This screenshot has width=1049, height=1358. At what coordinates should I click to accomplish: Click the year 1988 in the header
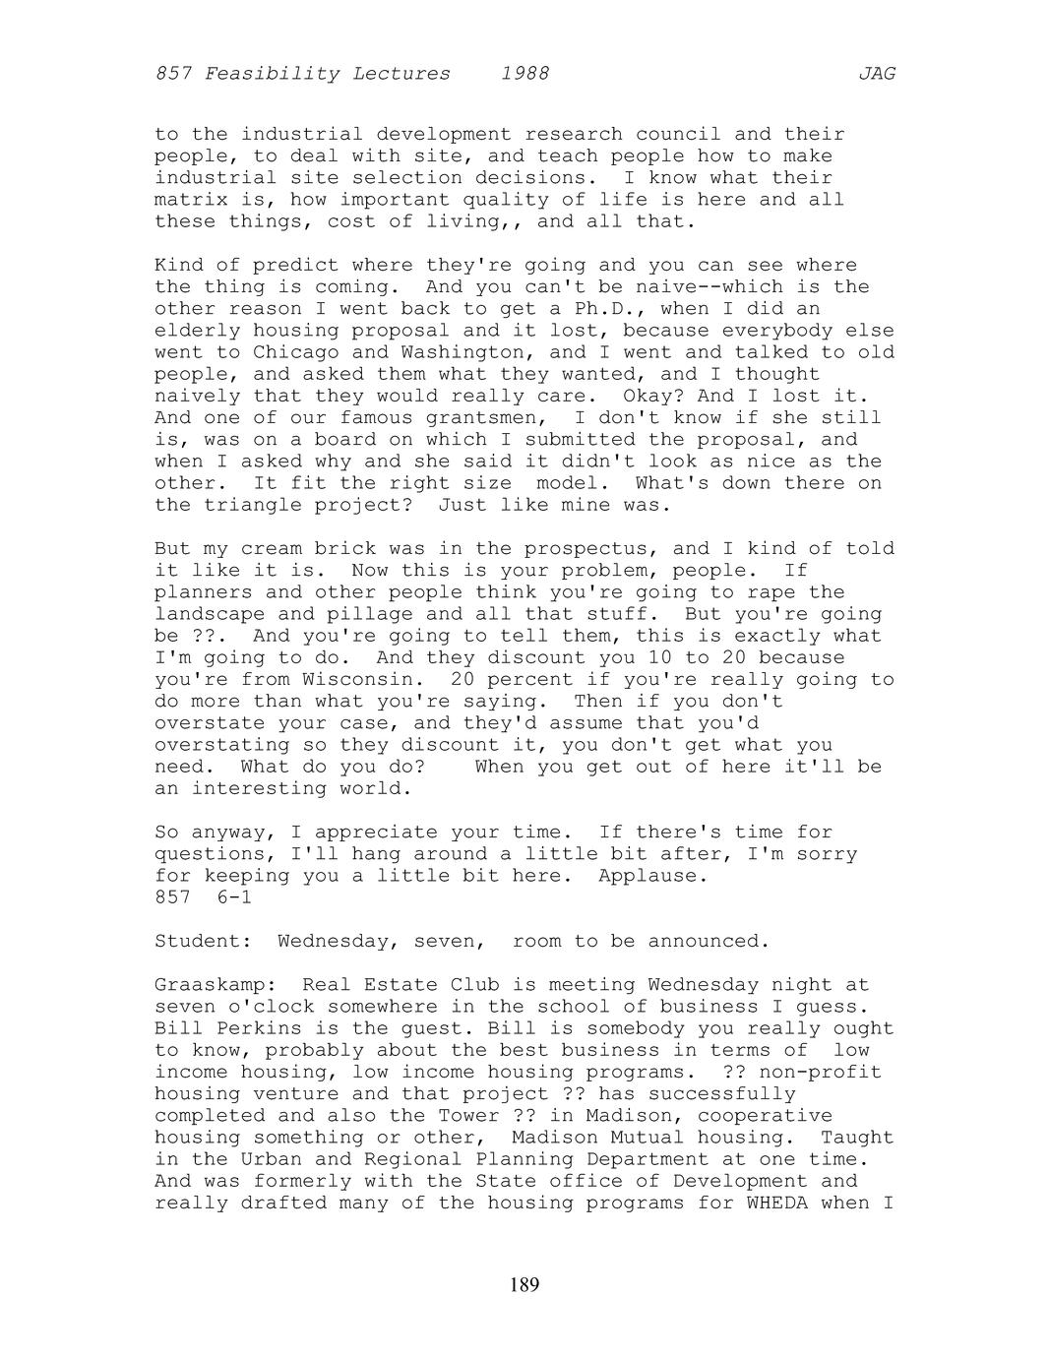point(524,74)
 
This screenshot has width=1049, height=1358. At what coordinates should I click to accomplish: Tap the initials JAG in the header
point(877,74)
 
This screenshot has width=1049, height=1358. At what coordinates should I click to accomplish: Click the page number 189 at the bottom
point(524,1284)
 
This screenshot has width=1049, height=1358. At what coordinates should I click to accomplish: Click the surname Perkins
point(259,1028)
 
